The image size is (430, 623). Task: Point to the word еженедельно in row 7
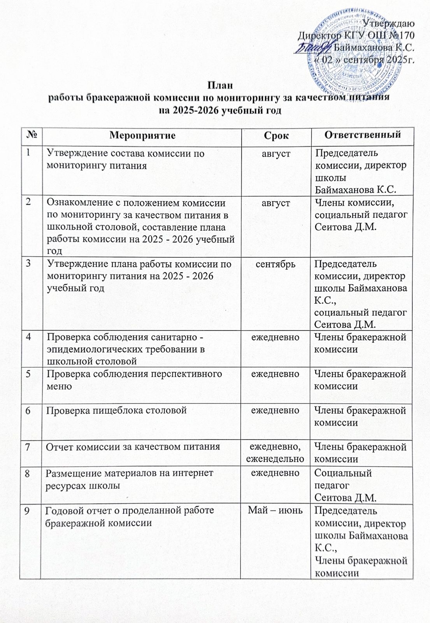[x=277, y=459]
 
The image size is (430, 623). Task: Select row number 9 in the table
[x=30, y=510]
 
